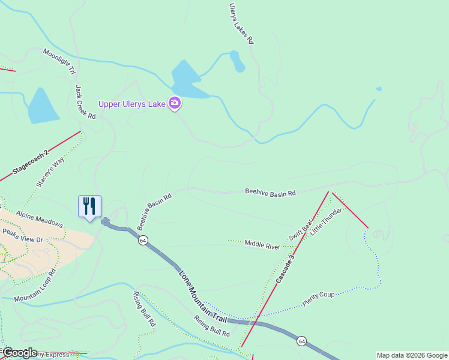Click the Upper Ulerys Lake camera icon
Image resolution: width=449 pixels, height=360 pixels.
[175, 103]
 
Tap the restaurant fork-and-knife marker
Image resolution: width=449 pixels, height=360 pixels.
[89, 206]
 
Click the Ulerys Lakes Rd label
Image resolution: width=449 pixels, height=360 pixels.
[241, 23]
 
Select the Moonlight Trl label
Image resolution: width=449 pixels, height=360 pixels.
[59, 62]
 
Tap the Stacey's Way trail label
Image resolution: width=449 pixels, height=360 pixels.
[50, 173]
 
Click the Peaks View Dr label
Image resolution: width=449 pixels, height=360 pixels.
[22, 236]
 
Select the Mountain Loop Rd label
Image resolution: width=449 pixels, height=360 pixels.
[35, 286]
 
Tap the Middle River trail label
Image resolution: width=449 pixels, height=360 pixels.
[262, 245]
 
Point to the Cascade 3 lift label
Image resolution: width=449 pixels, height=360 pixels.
[286, 268]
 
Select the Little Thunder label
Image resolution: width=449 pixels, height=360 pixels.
[327, 222]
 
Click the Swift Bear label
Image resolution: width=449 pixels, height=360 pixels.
[300, 230]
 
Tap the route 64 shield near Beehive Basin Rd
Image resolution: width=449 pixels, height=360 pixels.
[142, 240]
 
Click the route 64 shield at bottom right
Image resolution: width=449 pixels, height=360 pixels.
[302, 341]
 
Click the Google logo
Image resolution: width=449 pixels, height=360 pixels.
[19, 353]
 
